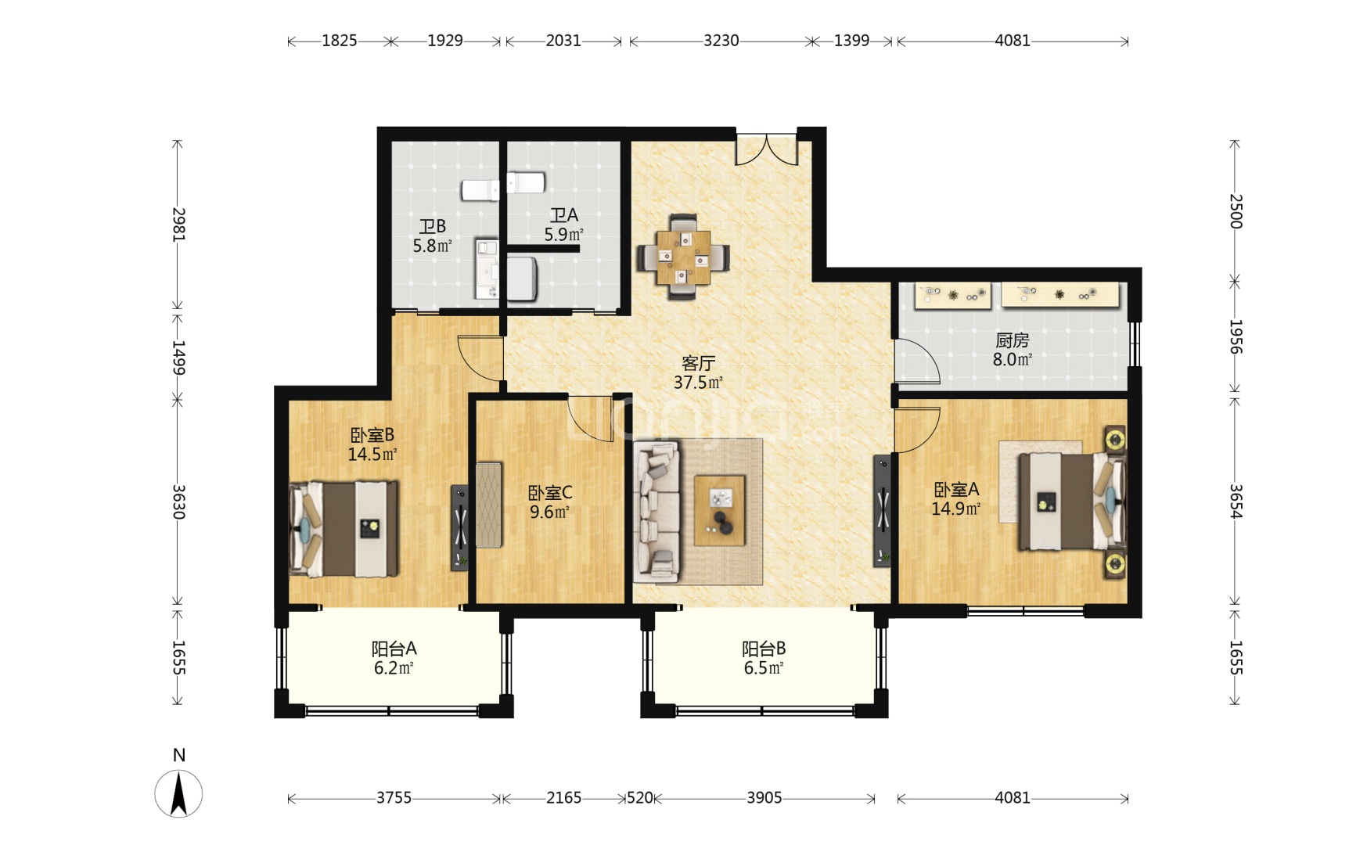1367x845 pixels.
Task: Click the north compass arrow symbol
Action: (178, 793)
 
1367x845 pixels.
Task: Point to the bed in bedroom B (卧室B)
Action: (344, 529)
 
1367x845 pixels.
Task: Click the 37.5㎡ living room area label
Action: (698, 383)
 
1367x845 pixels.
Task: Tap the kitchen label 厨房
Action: (1012, 340)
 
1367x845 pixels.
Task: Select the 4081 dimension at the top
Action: (1012, 41)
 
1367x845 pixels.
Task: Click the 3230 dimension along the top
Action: (721, 41)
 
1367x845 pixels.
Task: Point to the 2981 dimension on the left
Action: (179, 224)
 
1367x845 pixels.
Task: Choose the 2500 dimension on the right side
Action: (1236, 211)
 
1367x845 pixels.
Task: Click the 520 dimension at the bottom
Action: (639, 798)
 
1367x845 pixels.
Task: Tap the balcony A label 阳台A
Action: (394, 649)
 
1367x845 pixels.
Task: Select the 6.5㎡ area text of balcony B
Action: (764, 668)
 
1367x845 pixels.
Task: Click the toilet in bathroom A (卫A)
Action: (525, 183)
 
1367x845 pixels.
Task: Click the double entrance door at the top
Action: (766, 149)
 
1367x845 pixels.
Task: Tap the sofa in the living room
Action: (656, 512)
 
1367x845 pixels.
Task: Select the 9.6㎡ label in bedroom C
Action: (549, 512)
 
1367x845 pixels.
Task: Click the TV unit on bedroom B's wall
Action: (460, 527)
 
